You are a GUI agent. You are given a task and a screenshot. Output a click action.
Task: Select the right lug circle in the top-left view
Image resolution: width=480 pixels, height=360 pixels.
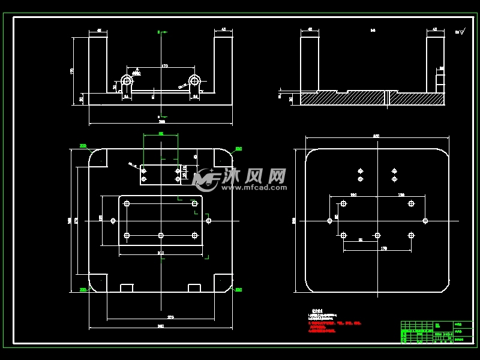[x=194, y=80]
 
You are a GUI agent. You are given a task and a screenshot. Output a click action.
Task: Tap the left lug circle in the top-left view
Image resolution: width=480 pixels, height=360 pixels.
[x=127, y=80]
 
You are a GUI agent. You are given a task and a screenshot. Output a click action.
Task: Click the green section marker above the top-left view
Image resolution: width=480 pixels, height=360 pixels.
[x=161, y=32]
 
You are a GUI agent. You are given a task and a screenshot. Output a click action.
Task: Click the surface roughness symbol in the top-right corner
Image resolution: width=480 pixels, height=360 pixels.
[x=460, y=32]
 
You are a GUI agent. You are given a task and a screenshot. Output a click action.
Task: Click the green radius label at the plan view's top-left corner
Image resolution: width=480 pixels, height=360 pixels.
[x=83, y=146]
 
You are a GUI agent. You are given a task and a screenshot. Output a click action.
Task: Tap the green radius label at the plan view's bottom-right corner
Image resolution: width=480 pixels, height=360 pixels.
[x=238, y=290]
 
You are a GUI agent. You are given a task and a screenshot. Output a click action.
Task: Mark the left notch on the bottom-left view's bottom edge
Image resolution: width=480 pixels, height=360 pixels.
[x=127, y=288]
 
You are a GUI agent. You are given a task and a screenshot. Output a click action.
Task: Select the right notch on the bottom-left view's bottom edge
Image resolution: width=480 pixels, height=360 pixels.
[x=194, y=288]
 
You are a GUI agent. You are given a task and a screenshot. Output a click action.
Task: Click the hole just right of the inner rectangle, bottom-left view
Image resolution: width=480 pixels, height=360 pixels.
[x=208, y=221]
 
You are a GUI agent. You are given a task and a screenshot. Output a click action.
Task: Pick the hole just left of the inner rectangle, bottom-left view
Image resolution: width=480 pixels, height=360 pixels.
[x=113, y=221]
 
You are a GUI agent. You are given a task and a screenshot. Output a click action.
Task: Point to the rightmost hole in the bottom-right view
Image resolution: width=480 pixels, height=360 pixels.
[x=425, y=221]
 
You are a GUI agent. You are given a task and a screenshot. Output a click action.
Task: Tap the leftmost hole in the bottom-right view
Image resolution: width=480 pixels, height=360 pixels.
[x=329, y=221]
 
